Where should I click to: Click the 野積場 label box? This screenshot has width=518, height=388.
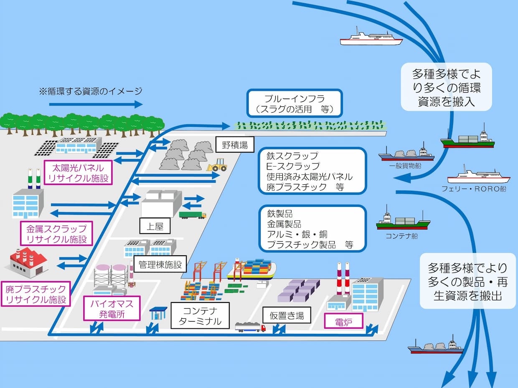tap(235, 146)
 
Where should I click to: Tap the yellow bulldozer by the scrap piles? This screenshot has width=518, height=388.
tap(218, 165)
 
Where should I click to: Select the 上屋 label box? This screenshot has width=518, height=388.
tap(155, 227)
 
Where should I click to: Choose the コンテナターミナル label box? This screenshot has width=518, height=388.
tap(200, 316)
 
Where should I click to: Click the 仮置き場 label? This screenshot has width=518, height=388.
tap(287, 315)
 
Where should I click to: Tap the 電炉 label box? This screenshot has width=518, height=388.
tap(344, 322)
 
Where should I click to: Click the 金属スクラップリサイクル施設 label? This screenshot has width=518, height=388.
tap(56, 234)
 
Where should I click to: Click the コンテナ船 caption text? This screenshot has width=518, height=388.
tap(402, 236)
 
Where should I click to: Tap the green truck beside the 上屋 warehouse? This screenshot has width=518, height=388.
tap(193, 215)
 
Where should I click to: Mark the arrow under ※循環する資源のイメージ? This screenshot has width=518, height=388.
tap(96, 104)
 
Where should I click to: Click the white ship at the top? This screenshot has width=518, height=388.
tap(371, 38)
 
